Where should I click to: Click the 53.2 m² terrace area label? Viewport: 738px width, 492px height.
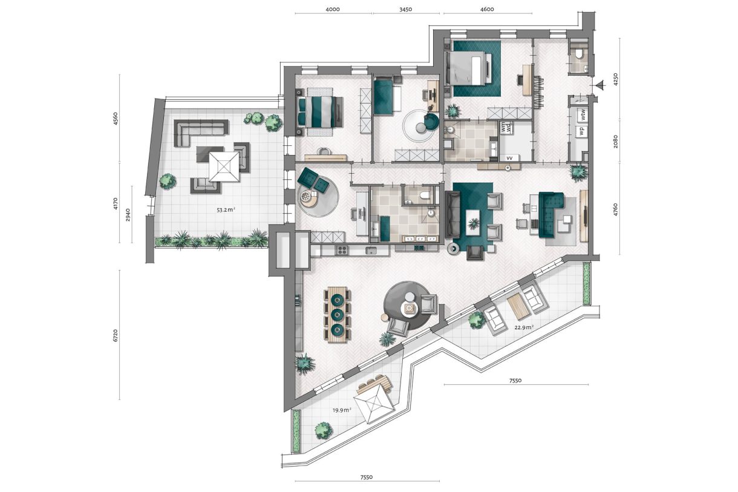[x=226, y=211]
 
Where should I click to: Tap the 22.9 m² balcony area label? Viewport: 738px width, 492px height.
[x=524, y=327]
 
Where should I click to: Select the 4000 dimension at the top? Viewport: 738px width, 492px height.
[x=333, y=9]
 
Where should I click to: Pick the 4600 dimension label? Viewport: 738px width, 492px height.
[x=487, y=9]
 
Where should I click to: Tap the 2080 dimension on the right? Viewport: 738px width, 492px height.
[x=615, y=142]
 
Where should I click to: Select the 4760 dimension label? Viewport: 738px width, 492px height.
[x=615, y=211]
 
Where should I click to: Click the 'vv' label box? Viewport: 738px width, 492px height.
[x=509, y=158]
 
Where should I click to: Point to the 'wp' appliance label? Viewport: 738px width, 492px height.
[x=580, y=130]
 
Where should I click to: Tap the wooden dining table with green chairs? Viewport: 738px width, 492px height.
[x=338, y=315]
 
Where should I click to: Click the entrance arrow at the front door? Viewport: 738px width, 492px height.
[x=599, y=87]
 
